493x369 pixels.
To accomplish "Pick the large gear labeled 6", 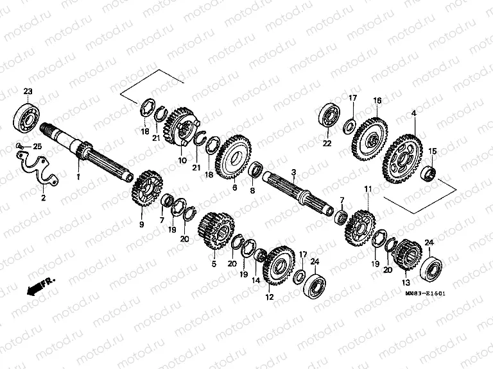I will tap(234, 156).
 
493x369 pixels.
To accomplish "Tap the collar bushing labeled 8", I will tap(255, 170).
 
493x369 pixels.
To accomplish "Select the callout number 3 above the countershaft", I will tap(294, 172).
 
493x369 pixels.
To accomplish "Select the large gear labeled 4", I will tap(402, 157).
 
